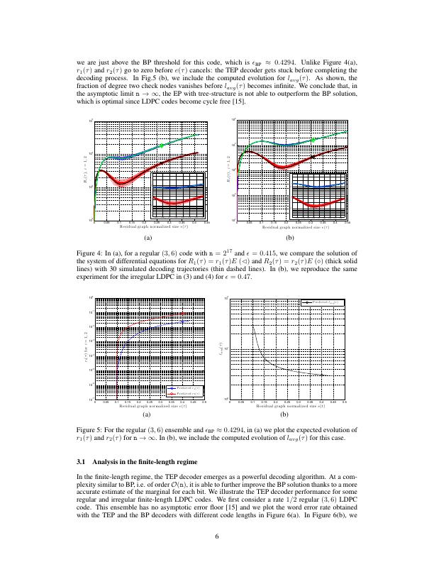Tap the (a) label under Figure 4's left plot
tap(148, 239)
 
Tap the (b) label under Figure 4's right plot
tap(289, 239)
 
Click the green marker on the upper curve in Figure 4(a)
tap(162, 145)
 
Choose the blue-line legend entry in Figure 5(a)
tap(182, 389)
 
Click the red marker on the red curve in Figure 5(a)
tap(183, 313)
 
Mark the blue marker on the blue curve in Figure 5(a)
tap(183, 321)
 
